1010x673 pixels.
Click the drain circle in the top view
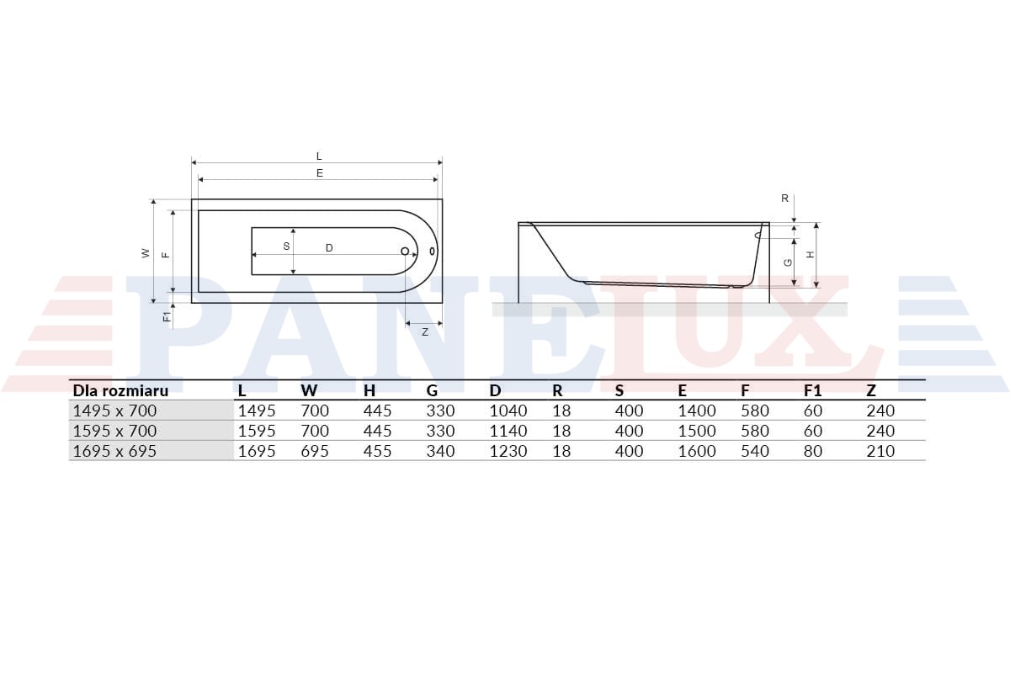coord(405,251)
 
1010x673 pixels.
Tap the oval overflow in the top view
coord(433,251)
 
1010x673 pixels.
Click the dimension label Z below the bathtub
coord(425,332)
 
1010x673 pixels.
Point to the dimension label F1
coord(167,316)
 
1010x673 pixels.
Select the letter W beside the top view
coord(145,253)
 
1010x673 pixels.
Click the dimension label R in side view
coord(784,199)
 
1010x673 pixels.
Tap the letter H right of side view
coord(811,255)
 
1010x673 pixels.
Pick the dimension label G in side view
coord(788,262)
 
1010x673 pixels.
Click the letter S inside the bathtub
coord(286,246)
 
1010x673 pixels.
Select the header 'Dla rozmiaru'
coord(120,390)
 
